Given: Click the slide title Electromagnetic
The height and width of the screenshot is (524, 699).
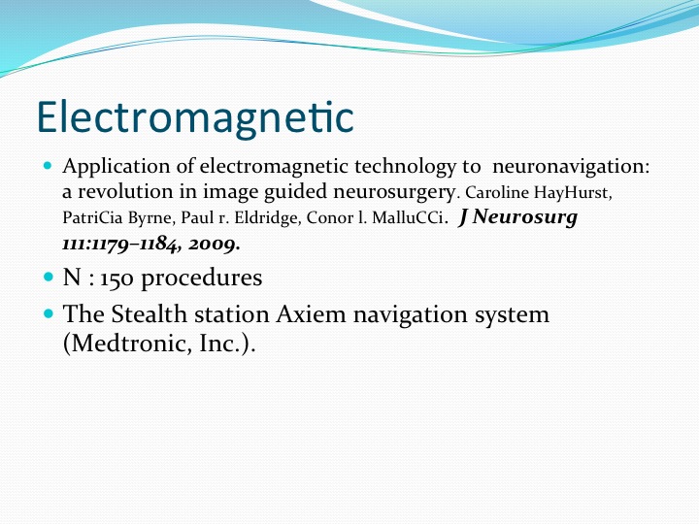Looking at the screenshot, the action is [x=195, y=118].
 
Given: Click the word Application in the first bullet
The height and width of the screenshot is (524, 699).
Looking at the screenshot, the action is [x=116, y=168].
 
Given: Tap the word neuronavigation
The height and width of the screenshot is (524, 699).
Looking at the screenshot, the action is [x=571, y=168].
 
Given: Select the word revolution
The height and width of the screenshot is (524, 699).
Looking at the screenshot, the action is [x=125, y=191].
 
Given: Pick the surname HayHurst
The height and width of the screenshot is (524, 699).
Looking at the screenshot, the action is [x=573, y=193].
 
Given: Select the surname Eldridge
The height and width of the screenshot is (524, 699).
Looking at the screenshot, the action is [x=266, y=218].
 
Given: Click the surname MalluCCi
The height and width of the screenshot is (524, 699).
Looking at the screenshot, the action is [x=409, y=217].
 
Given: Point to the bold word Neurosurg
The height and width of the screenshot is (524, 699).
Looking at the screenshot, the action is [x=524, y=217].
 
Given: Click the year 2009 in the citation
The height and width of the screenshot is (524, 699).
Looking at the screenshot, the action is [x=213, y=244].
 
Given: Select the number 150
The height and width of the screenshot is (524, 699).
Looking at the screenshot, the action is [x=116, y=278].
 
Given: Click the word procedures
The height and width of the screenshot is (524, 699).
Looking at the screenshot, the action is [x=202, y=279].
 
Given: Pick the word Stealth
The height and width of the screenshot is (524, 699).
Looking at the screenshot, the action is [x=149, y=314].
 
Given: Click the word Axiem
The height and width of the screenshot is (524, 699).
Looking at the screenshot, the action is [x=311, y=314].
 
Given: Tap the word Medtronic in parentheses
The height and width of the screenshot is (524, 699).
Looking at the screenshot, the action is [x=128, y=344].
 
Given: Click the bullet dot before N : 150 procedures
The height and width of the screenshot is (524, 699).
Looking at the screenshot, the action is [x=49, y=277].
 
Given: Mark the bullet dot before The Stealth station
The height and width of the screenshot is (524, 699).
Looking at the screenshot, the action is [x=49, y=313].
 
